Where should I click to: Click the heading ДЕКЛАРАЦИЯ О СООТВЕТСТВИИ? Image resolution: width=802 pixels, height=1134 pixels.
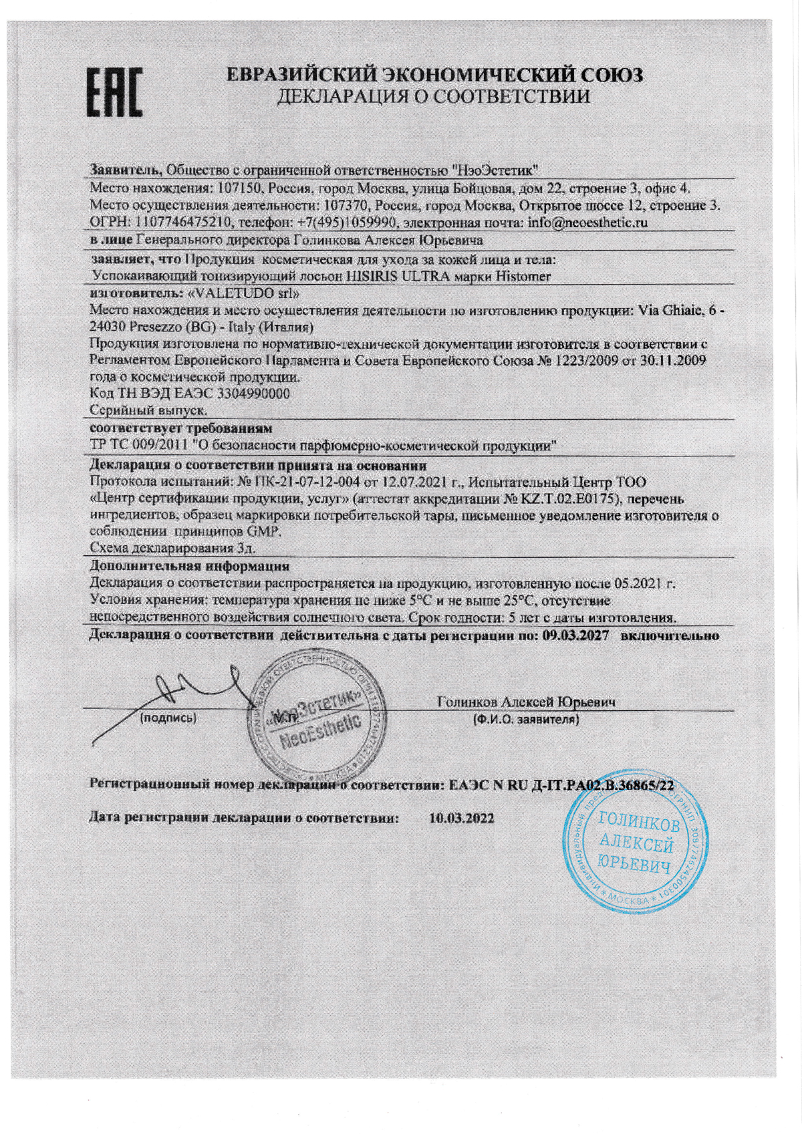[434, 96]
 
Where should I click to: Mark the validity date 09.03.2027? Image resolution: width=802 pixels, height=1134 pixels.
[575, 635]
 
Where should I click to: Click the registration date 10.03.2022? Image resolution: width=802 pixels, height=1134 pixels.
[462, 817]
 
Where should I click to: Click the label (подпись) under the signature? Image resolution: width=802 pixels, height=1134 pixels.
[167, 718]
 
